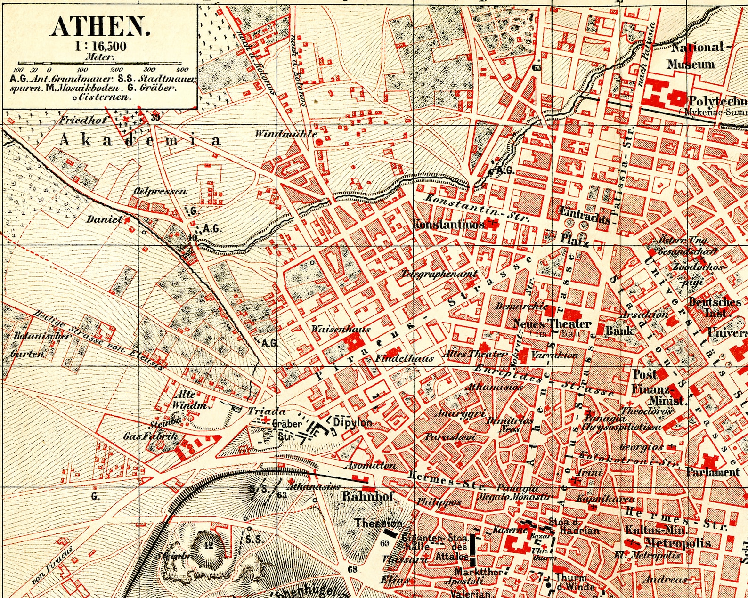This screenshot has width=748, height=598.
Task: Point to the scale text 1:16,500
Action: [100, 47]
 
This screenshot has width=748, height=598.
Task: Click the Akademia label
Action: [140, 140]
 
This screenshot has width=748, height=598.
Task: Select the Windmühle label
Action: [286, 134]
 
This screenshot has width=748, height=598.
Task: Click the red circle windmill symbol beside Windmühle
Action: [319, 141]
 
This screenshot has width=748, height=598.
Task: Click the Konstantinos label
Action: [448, 225]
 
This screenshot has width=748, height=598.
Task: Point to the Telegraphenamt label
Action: [439, 274]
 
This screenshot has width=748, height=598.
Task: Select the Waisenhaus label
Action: [341, 329]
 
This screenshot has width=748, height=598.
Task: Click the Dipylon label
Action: [352, 422]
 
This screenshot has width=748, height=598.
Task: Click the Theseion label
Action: [378, 523]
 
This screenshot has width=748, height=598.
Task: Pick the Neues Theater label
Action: [551, 323]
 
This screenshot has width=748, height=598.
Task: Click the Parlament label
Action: [712, 472]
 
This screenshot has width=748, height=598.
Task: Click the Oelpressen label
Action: [160, 191]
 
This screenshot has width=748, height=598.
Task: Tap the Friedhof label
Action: [83, 120]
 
